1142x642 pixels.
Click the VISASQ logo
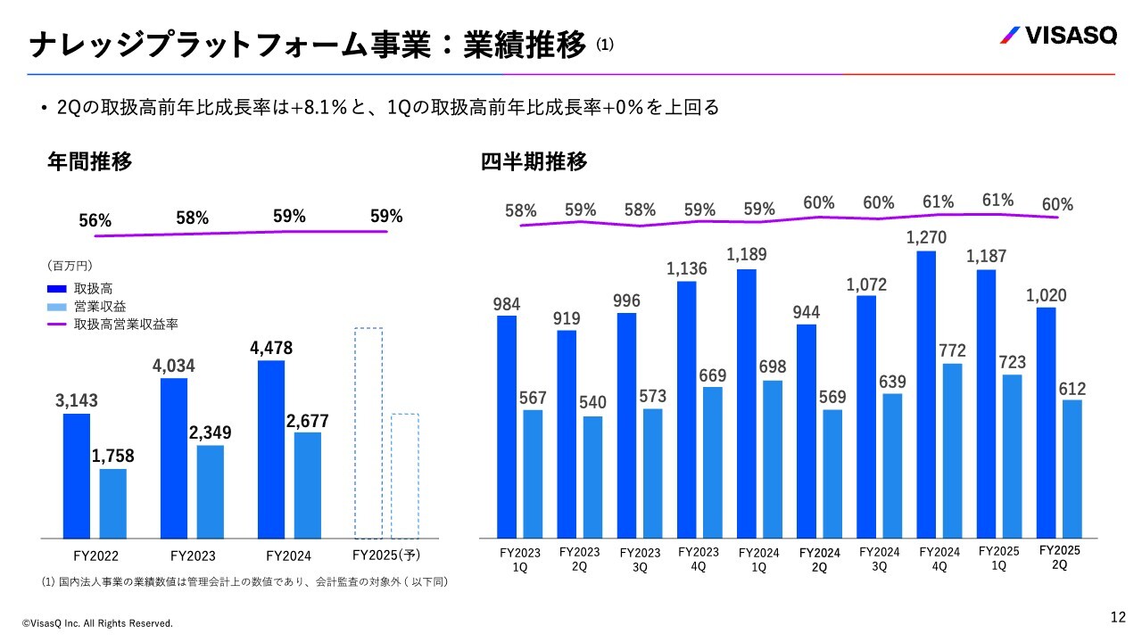click(x=1056, y=37)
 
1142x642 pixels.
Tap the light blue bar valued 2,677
click(x=308, y=485)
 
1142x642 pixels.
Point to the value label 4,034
click(x=173, y=366)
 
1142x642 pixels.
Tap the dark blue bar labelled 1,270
click(x=926, y=394)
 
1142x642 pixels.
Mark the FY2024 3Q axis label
click(x=880, y=559)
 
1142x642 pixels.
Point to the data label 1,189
click(x=746, y=255)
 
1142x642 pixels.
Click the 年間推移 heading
click(x=89, y=162)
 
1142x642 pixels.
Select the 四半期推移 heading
click(x=534, y=162)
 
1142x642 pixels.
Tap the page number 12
click(x=1118, y=617)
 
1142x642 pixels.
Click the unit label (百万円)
click(x=70, y=266)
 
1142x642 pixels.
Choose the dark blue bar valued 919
click(x=567, y=434)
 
